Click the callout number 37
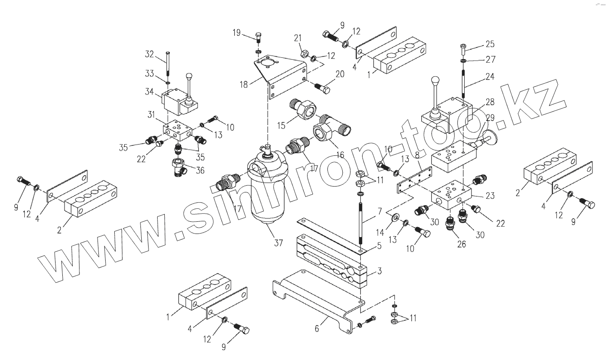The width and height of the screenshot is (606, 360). (278, 243)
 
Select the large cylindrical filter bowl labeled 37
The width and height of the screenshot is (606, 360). (266, 194)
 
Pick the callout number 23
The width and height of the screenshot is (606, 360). (490, 196)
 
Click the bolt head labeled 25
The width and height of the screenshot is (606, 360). (463, 46)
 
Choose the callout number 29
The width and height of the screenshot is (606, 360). (490, 117)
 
